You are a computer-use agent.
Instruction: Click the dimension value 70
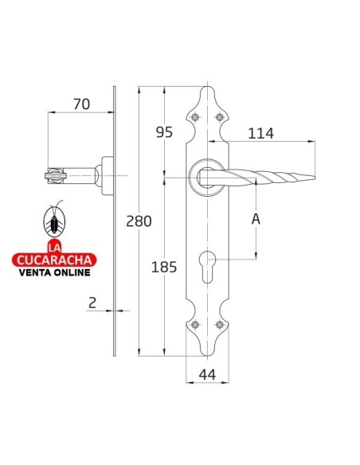click(x=81, y=104)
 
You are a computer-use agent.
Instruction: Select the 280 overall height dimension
click(x=139, y=221)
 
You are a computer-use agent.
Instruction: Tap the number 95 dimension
click(x=164, y=132)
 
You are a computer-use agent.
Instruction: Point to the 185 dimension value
click(x=164, y=267)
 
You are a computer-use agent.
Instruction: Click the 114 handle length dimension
click(x=261, y=134)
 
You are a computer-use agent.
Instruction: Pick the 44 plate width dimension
click(x=207, y=375)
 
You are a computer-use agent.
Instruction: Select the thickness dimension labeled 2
click(x=92, y=303)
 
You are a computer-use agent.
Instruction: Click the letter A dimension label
click(x=256, y=219)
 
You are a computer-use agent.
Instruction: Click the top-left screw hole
click(x=195, y=117)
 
